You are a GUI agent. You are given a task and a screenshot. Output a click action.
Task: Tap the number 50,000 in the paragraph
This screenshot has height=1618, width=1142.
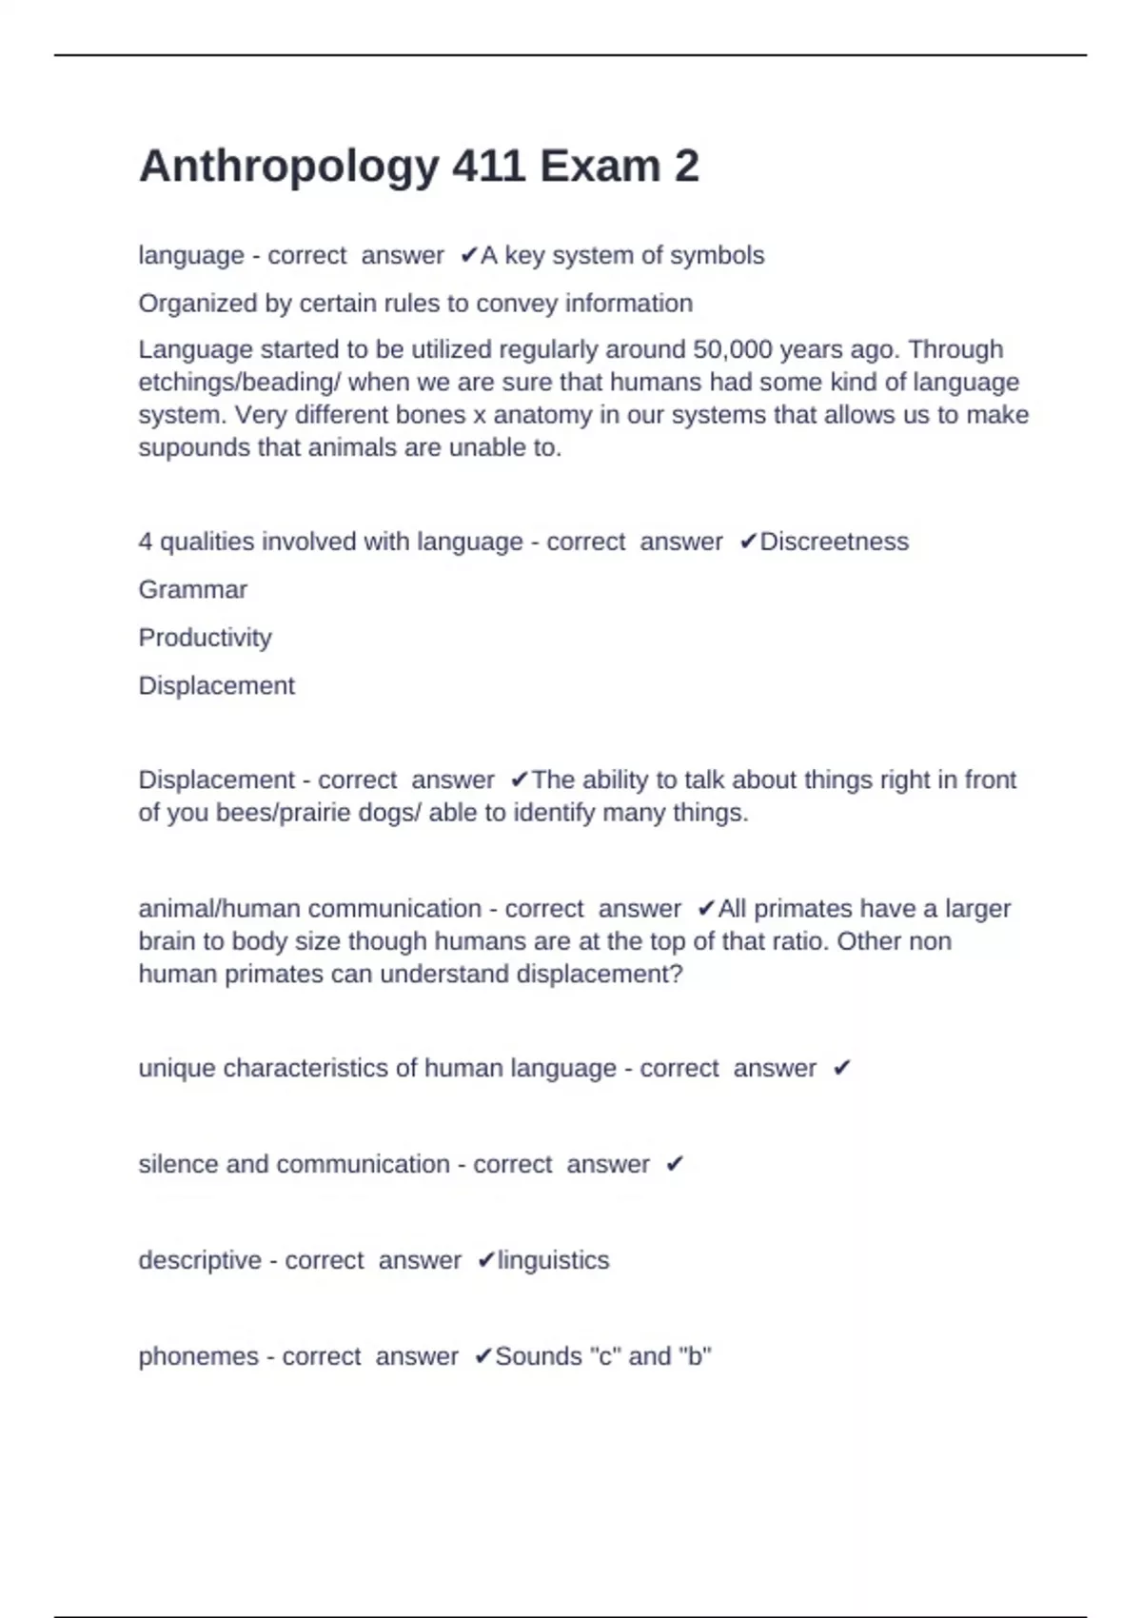733,349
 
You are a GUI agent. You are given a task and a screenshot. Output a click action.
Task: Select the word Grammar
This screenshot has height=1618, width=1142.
193,590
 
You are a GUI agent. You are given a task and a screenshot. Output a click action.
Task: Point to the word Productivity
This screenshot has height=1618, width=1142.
205,638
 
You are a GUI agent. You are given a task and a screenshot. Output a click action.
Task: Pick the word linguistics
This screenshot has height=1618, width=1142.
553,1260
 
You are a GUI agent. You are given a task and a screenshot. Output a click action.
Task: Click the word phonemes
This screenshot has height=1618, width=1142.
198,1356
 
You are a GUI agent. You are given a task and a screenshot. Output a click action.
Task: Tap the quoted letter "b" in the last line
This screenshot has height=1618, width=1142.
698,1356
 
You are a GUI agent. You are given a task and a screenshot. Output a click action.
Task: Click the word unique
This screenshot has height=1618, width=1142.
177,1068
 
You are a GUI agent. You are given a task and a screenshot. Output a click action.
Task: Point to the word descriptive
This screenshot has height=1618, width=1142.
200,1260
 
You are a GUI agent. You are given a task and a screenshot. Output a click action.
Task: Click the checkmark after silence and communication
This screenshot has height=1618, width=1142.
675,1164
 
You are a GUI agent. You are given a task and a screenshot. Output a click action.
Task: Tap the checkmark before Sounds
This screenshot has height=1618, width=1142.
482,1356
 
